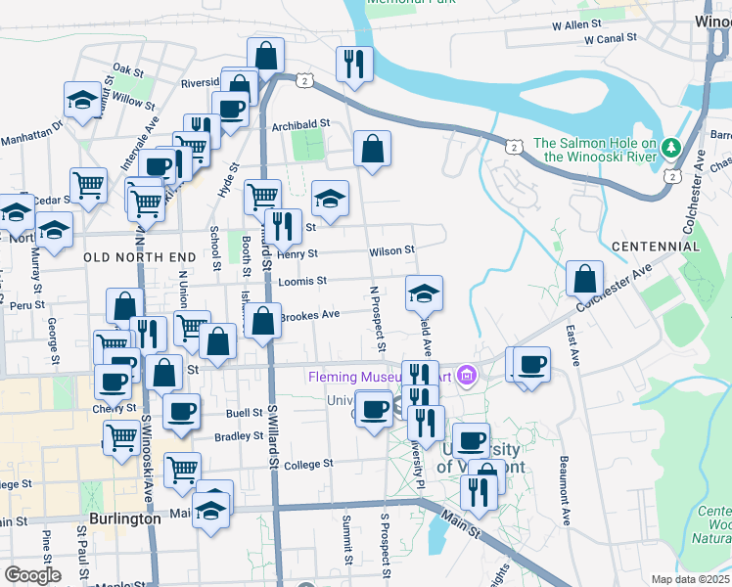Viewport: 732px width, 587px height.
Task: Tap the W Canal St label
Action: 611,40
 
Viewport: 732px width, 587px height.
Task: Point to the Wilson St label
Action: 392,251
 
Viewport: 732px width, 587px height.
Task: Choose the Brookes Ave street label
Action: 309,314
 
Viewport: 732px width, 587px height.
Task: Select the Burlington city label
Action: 124,519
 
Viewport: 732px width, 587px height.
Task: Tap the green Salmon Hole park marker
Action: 670,149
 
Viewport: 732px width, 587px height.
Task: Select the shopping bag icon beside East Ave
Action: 584,279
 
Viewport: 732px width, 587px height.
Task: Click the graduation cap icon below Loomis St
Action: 424,293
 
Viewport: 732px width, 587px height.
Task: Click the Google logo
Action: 32,575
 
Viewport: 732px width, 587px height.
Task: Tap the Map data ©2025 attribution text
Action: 690,579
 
